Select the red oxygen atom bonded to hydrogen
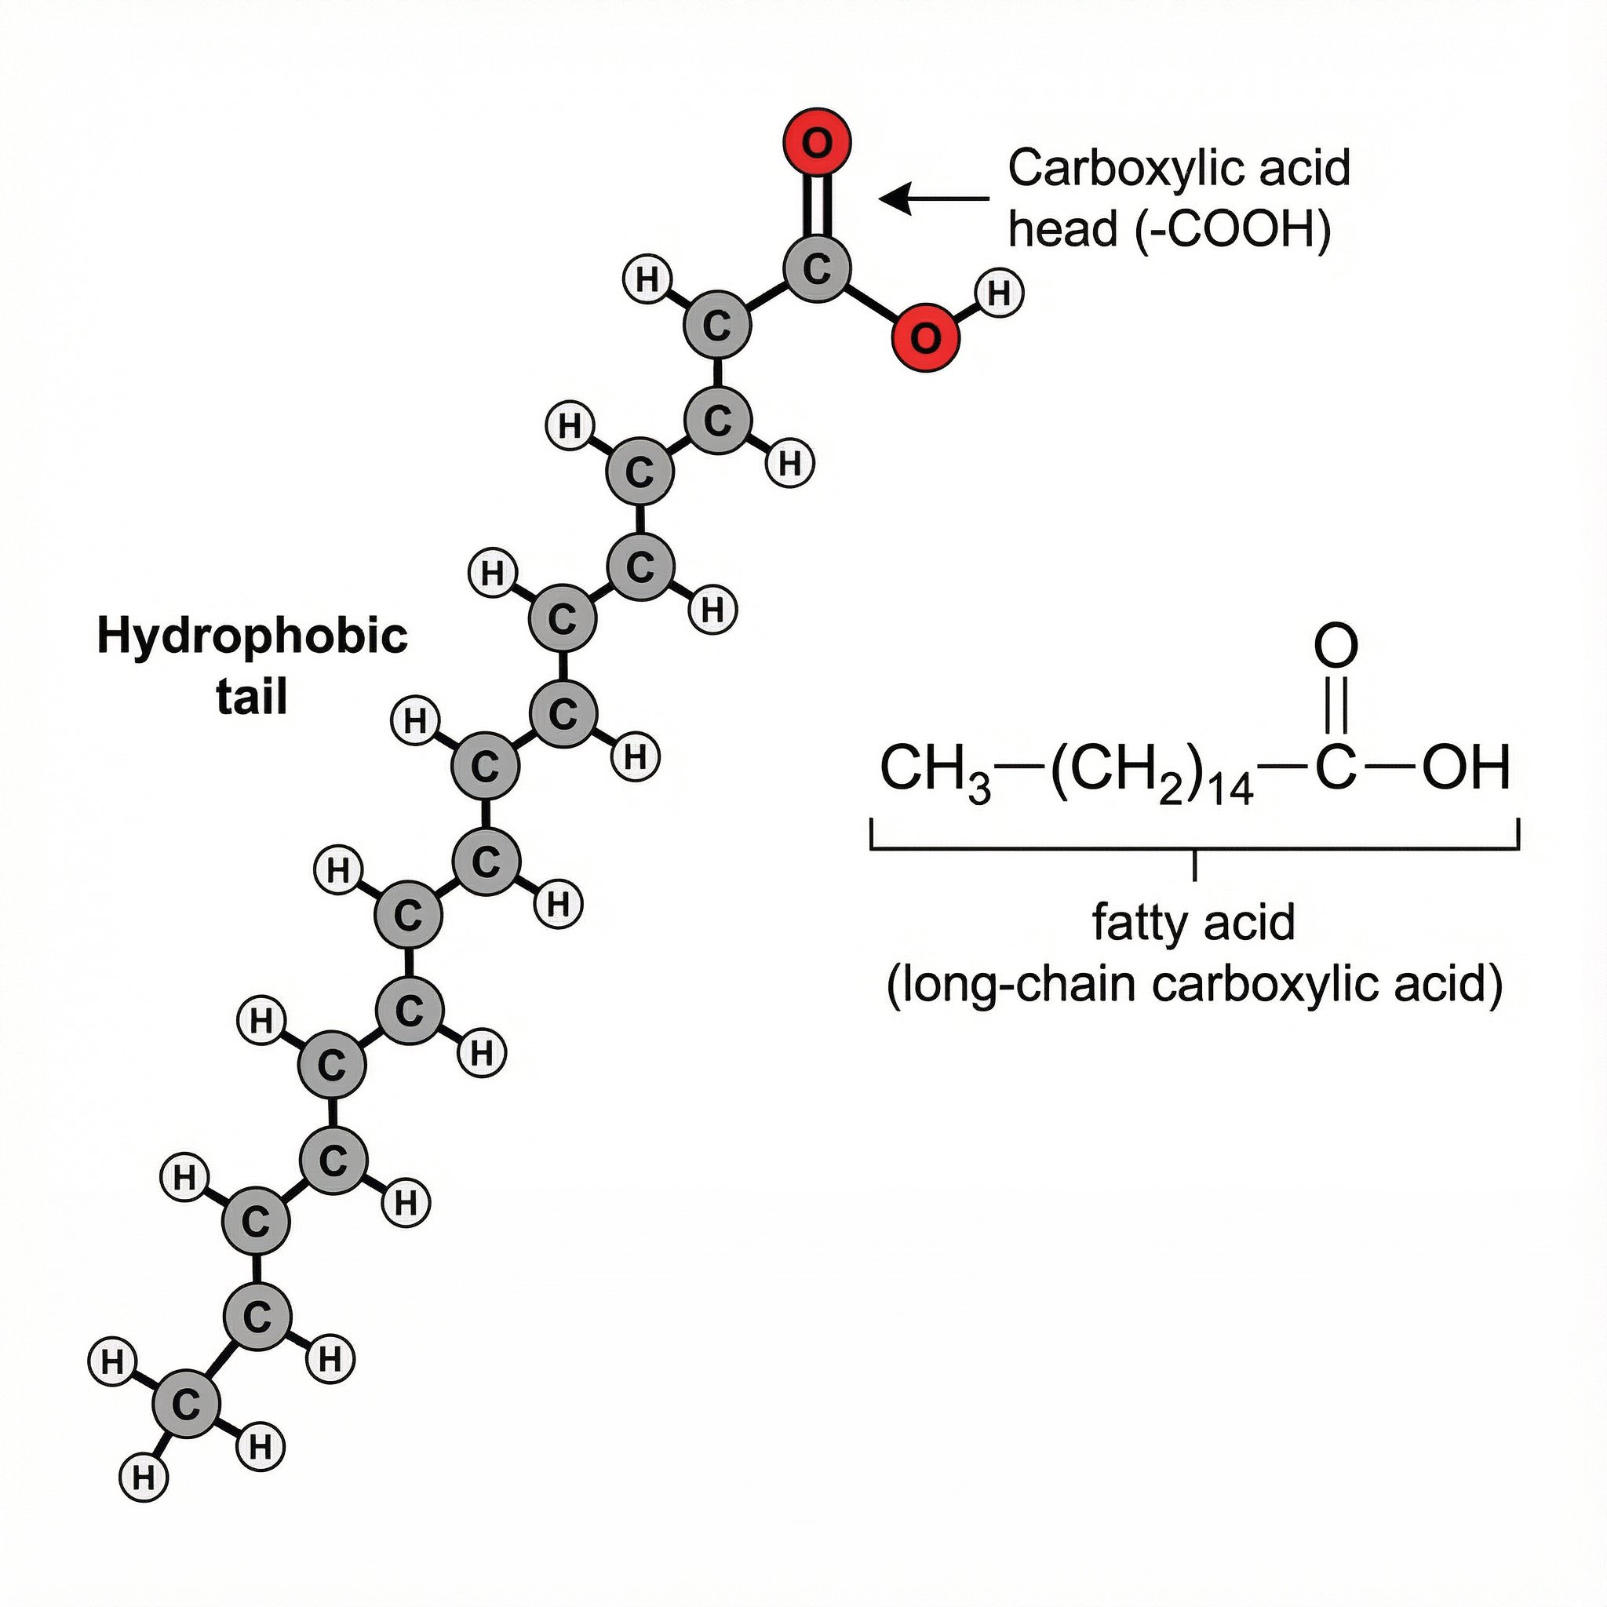[924, 337]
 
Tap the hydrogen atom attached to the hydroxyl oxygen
[999, 293]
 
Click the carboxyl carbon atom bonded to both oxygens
[816, 268]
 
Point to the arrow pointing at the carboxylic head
[933, 199]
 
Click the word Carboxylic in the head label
[1097, 168]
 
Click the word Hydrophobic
[252, 637]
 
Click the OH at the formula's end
[1466, 767]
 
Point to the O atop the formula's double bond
[1336, 647]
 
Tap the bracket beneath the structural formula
[1194, 848]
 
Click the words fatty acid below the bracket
[1193, 923]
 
